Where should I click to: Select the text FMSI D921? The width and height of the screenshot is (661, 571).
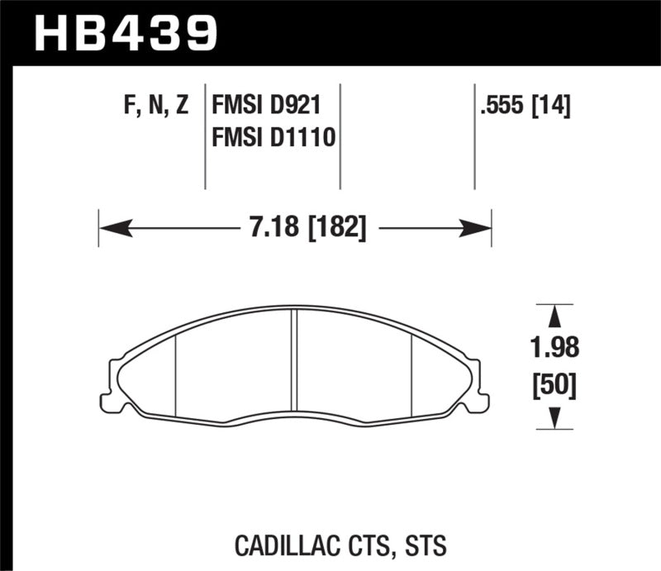click(266, 106)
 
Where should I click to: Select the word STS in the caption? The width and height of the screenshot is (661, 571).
click(426, 546)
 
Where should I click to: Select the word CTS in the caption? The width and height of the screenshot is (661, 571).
click(374, 546)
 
